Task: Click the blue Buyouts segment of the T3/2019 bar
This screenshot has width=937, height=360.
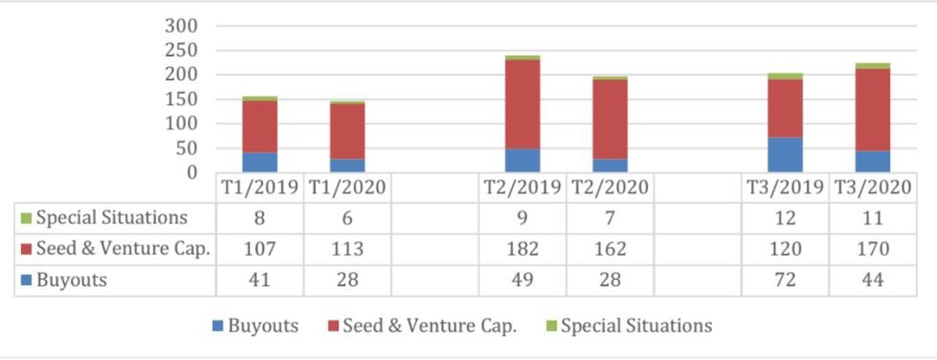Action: click(785, 155)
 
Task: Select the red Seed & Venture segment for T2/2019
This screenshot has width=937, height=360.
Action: click(522, 104)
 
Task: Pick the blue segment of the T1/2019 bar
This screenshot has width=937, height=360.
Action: click(260, 162)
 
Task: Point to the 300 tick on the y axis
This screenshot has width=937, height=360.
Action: click(181, 27)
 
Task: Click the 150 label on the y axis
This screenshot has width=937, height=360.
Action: click(181, 100)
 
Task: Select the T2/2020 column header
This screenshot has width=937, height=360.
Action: click(610, 188)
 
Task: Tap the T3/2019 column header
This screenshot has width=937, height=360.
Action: click(785, 188)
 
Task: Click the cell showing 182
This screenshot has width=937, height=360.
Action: click(522, 249)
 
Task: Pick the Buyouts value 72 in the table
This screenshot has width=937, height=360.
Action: click(785, 280)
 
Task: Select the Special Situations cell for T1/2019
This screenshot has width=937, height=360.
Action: click(260, 218)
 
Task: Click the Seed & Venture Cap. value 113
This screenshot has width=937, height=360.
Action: click(347, 249)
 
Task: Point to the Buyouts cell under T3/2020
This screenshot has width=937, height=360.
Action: click(872, 280)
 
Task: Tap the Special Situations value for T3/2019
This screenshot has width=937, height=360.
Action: click(785, 218)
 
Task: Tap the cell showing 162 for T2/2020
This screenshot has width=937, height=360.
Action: click(610, 249)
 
